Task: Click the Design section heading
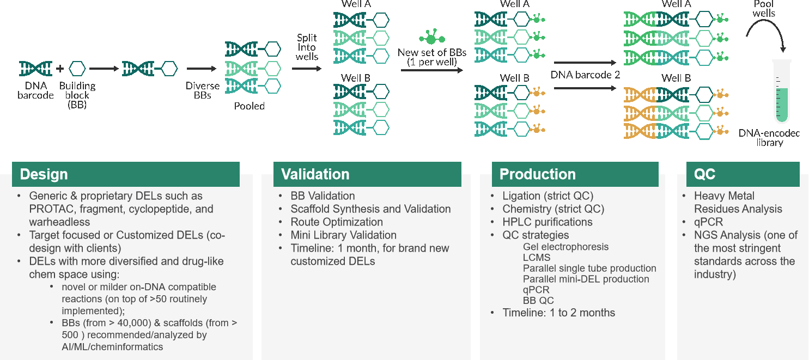44,174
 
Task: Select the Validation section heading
315,174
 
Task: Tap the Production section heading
537,174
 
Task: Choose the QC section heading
704,174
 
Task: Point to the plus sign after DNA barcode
60,69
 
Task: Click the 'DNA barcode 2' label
585,75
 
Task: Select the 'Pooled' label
249,106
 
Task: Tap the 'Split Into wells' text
307,47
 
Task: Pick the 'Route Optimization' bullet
337,222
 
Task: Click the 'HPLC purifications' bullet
548,222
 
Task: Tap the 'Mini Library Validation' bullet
343,235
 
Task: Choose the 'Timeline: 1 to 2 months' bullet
558,313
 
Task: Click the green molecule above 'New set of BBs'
431,38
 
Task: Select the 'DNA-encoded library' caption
769,138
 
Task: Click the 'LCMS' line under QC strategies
537,258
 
